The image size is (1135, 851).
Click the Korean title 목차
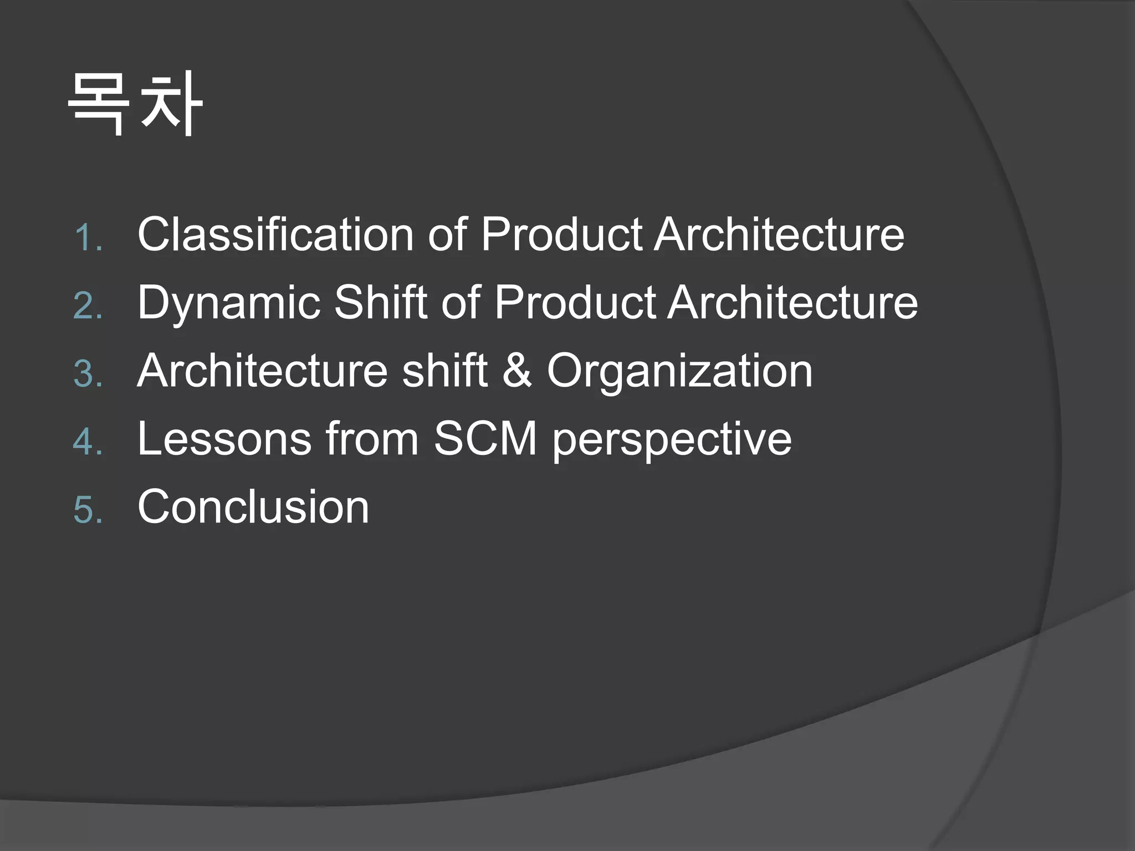pos(135,104)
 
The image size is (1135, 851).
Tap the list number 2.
pos(88,306)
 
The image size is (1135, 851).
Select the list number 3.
pos(88,374)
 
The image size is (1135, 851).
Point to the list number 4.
pos(88,442)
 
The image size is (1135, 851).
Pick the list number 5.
pos(88,510)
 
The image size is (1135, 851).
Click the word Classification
pos(275,234)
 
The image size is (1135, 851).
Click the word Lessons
pos(224,438)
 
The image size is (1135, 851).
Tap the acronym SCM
pos(485,438)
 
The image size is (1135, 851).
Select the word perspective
pos(672,441)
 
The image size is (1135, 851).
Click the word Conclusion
pos(253,506)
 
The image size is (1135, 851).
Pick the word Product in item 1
pos(560,234)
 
